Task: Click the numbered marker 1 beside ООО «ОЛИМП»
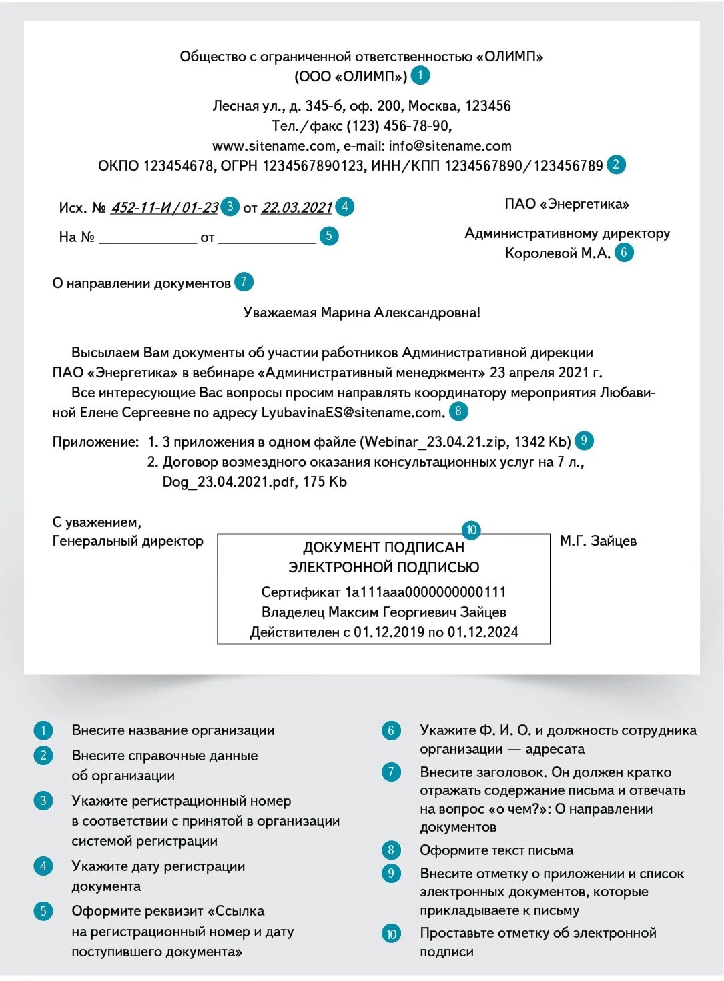[420, 75]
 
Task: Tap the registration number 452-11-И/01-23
[164, 208]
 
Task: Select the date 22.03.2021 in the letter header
[296, 208]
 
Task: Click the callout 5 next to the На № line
[329, 236]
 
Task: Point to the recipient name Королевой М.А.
[557, 253]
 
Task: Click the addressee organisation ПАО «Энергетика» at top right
[567, 204]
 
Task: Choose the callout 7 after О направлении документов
[244, 282]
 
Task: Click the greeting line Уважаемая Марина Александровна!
[362, 313]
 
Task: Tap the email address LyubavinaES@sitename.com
[352, 413]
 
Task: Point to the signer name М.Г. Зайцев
[598, 541]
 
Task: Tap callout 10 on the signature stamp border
[471, 530]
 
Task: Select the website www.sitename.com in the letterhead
[274, 146]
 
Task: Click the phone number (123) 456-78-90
[400, 126]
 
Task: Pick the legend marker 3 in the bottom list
[43, 800]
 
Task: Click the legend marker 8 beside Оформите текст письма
[391, 850]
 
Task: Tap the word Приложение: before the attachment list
[95, 442]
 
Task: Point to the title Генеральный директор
[127, 541]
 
